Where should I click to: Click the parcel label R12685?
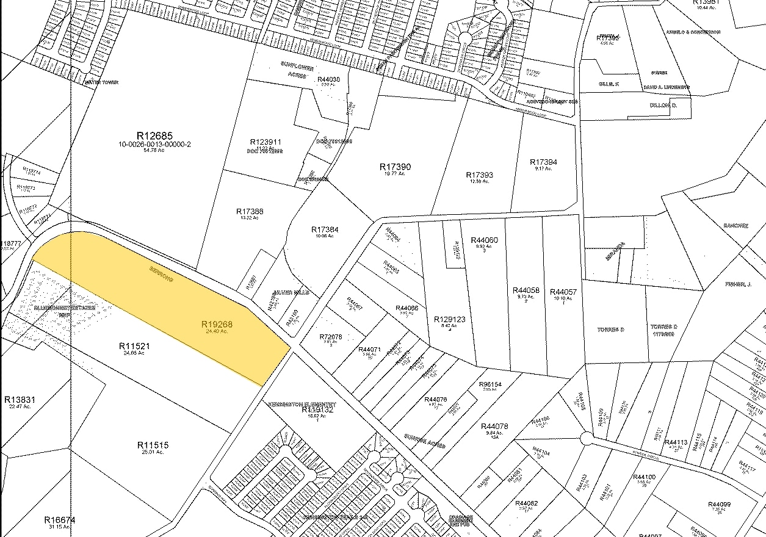coord(154,135)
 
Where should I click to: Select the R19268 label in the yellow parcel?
coord(218,325)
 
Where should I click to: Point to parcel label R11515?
coord(153,445)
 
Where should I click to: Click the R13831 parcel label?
coord(20,400)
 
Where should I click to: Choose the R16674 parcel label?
coord(60,520)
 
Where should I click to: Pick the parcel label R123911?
coord(266,142)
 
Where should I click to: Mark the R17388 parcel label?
coord(250,212)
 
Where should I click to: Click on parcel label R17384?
coord(325,230)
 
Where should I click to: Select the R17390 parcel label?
coord(395,167)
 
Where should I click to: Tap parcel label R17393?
coord(479,175)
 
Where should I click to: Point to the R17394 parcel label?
coord(543,162)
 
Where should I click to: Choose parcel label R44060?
coord(485,240)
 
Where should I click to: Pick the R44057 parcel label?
coord(563,292)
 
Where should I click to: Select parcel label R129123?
coord(449,319)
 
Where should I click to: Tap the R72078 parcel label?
coord(330,337)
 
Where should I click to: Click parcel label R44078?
coord(494,427)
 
